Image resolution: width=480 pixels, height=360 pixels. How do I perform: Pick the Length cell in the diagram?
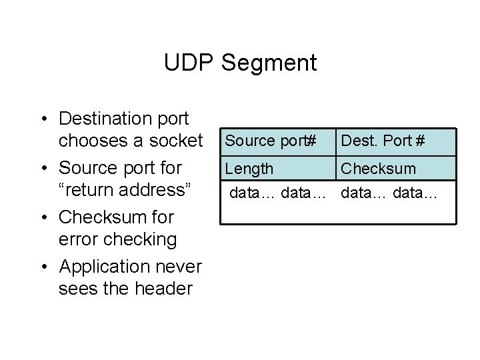click(x=249, y=169)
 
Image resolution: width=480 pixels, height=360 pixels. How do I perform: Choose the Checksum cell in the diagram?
click(x=378, y=169)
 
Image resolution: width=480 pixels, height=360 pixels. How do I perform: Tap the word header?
click(x=160, y=289)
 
